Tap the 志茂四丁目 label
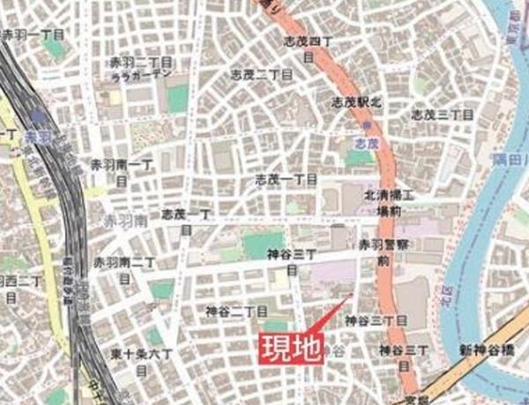point(308,48)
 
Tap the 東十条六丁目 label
point(140,360)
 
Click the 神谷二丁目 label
point(236,311)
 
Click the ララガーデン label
point(140,77)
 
